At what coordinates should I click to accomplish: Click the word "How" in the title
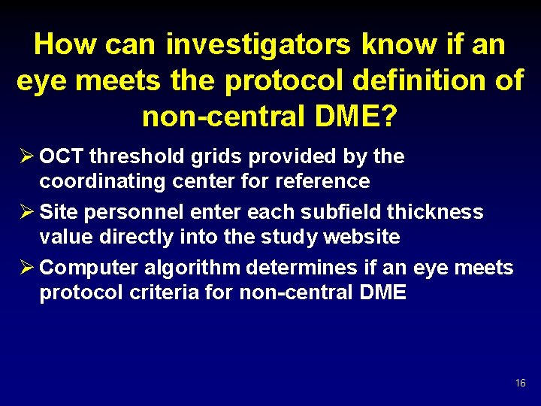click(x=66, y=45)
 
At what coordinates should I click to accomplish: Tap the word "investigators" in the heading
click(x=258, y=45)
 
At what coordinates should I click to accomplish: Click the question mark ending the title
click(x=390, y=117)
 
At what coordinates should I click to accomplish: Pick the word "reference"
click(x=322, y=181)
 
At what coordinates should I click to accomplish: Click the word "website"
click(x=361, y=237)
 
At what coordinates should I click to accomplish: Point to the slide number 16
click(x=521, y=383)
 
